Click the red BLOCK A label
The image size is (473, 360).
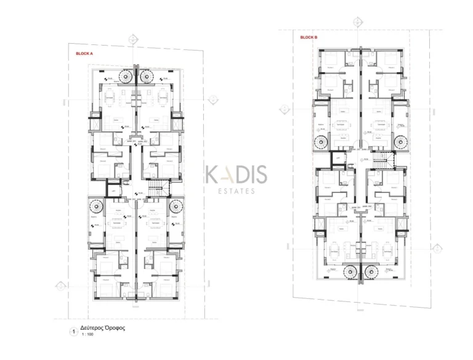click(x=84, y=54)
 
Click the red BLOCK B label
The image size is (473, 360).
click(x=309, y=37)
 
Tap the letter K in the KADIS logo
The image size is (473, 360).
click(x=211, y=175)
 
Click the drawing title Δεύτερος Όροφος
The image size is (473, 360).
click(x=102, y=328)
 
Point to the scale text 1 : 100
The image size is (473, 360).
click(x=87, y=335)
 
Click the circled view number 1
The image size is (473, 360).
click(x=74, y=332)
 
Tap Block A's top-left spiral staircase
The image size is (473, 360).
click(x=126, y=76)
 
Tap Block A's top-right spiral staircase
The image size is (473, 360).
click(x=147, y=76)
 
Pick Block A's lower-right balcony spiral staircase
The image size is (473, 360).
click(x=175, y=207)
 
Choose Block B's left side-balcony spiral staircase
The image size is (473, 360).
click(x=321, y=142)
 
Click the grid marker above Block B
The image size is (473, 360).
click(x=357, y=22)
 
